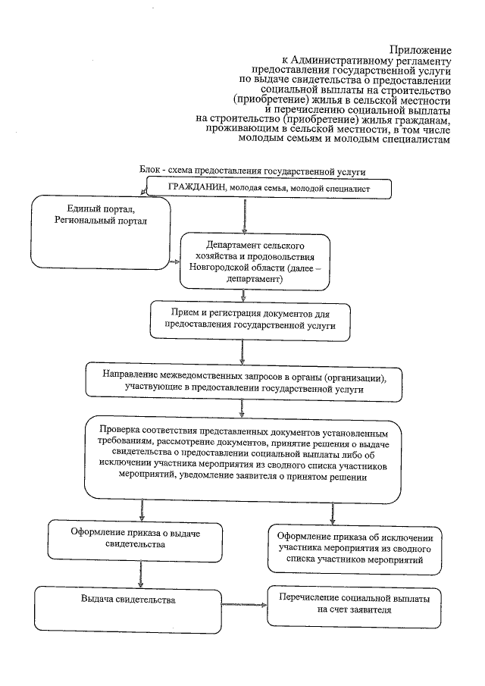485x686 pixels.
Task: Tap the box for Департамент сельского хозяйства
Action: pos(244,262)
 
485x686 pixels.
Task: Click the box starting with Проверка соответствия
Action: pos(242,460)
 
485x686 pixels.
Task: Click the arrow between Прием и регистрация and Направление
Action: pos(241,349)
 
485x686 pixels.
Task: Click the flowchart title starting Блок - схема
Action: pos(258,172)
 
